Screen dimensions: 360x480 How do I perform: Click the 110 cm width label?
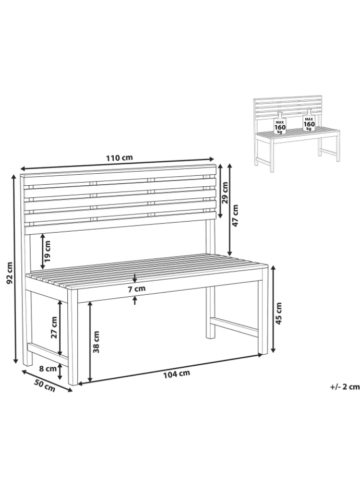(119, 158)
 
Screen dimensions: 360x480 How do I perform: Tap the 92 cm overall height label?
(9, 273)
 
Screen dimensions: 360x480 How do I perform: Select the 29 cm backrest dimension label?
(225, 193)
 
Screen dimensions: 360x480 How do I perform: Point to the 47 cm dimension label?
(235, 215)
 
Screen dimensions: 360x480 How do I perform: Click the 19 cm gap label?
(47, 251)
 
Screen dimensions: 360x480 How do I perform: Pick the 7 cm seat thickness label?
(137, 289)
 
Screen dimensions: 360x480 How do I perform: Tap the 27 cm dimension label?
(54, 327)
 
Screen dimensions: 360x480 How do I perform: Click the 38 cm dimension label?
(96, 342)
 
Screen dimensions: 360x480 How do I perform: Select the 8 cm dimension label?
(48, 368)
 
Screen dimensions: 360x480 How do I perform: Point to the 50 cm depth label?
(45, 385)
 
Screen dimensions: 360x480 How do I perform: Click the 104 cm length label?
(176, 374)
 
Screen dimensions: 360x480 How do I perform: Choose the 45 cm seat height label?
(279, 313)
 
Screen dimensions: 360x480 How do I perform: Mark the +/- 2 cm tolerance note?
(344, 387)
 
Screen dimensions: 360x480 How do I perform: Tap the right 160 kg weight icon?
(309, 121)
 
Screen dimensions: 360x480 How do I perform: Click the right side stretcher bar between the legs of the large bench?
(234, 327)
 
